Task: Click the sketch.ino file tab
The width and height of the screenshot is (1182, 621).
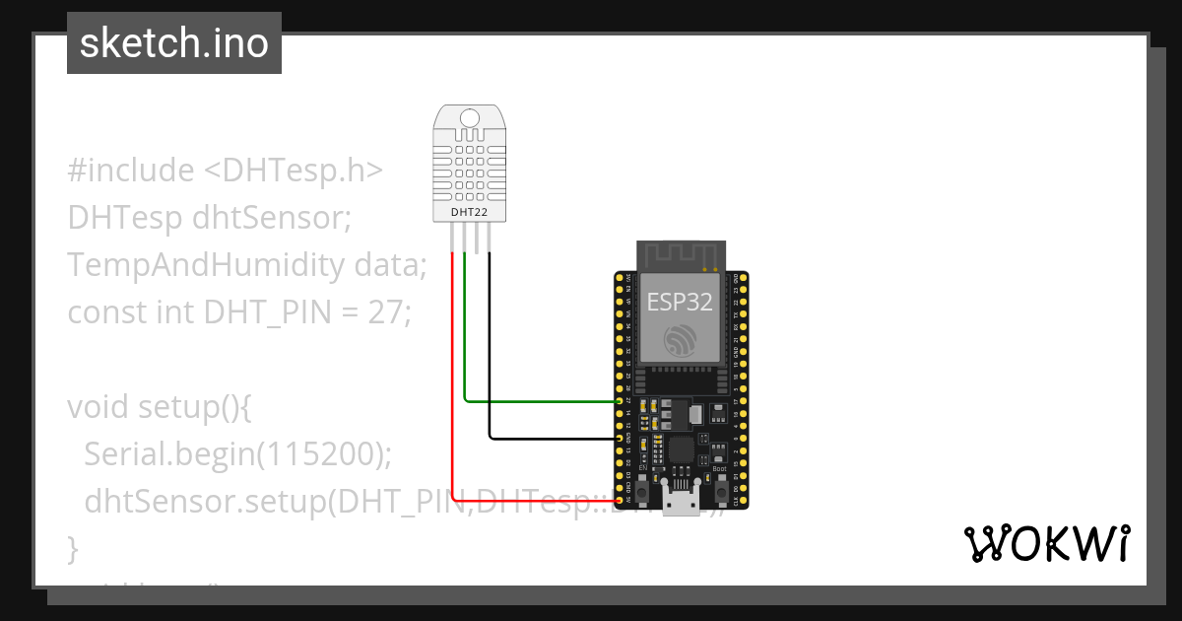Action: (173, 43)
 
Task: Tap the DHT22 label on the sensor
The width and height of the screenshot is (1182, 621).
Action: (470, 211)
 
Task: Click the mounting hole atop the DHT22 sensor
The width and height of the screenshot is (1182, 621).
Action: (470, 120)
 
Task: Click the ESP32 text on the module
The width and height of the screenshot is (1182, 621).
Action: (679, 301)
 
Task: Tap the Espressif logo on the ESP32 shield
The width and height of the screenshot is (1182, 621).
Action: (679, 340)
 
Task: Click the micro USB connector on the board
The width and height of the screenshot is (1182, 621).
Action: (680, 500)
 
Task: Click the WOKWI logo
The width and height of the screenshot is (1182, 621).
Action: (1046, 543)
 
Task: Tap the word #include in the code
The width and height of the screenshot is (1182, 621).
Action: (131, 171)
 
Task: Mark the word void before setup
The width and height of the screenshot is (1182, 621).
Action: (98, 407)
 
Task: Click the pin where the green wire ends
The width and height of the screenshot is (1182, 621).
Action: (619, 401)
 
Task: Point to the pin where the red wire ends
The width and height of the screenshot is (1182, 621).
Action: (619, 500)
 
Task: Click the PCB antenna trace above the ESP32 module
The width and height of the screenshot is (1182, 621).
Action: (679, 254)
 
